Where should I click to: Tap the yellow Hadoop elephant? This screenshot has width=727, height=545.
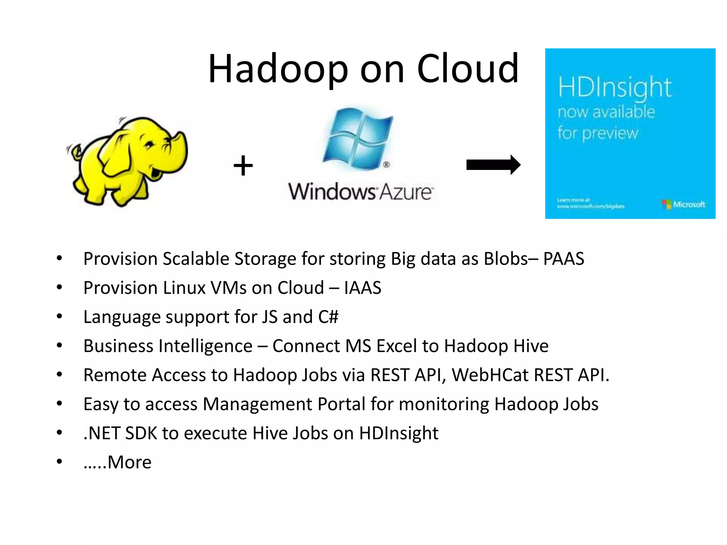128,161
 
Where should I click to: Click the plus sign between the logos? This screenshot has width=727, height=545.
243,166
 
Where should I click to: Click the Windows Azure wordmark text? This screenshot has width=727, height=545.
360,192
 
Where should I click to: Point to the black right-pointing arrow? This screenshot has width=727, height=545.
493,165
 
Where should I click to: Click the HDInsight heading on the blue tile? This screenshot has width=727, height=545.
614,87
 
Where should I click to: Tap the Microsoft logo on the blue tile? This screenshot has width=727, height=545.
684,204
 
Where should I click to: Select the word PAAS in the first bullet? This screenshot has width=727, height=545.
563,259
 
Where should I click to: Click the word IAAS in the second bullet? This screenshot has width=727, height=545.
362,288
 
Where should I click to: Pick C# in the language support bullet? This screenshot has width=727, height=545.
328,317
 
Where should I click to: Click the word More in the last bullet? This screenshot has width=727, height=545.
129,462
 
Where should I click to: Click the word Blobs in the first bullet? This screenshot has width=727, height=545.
506,259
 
